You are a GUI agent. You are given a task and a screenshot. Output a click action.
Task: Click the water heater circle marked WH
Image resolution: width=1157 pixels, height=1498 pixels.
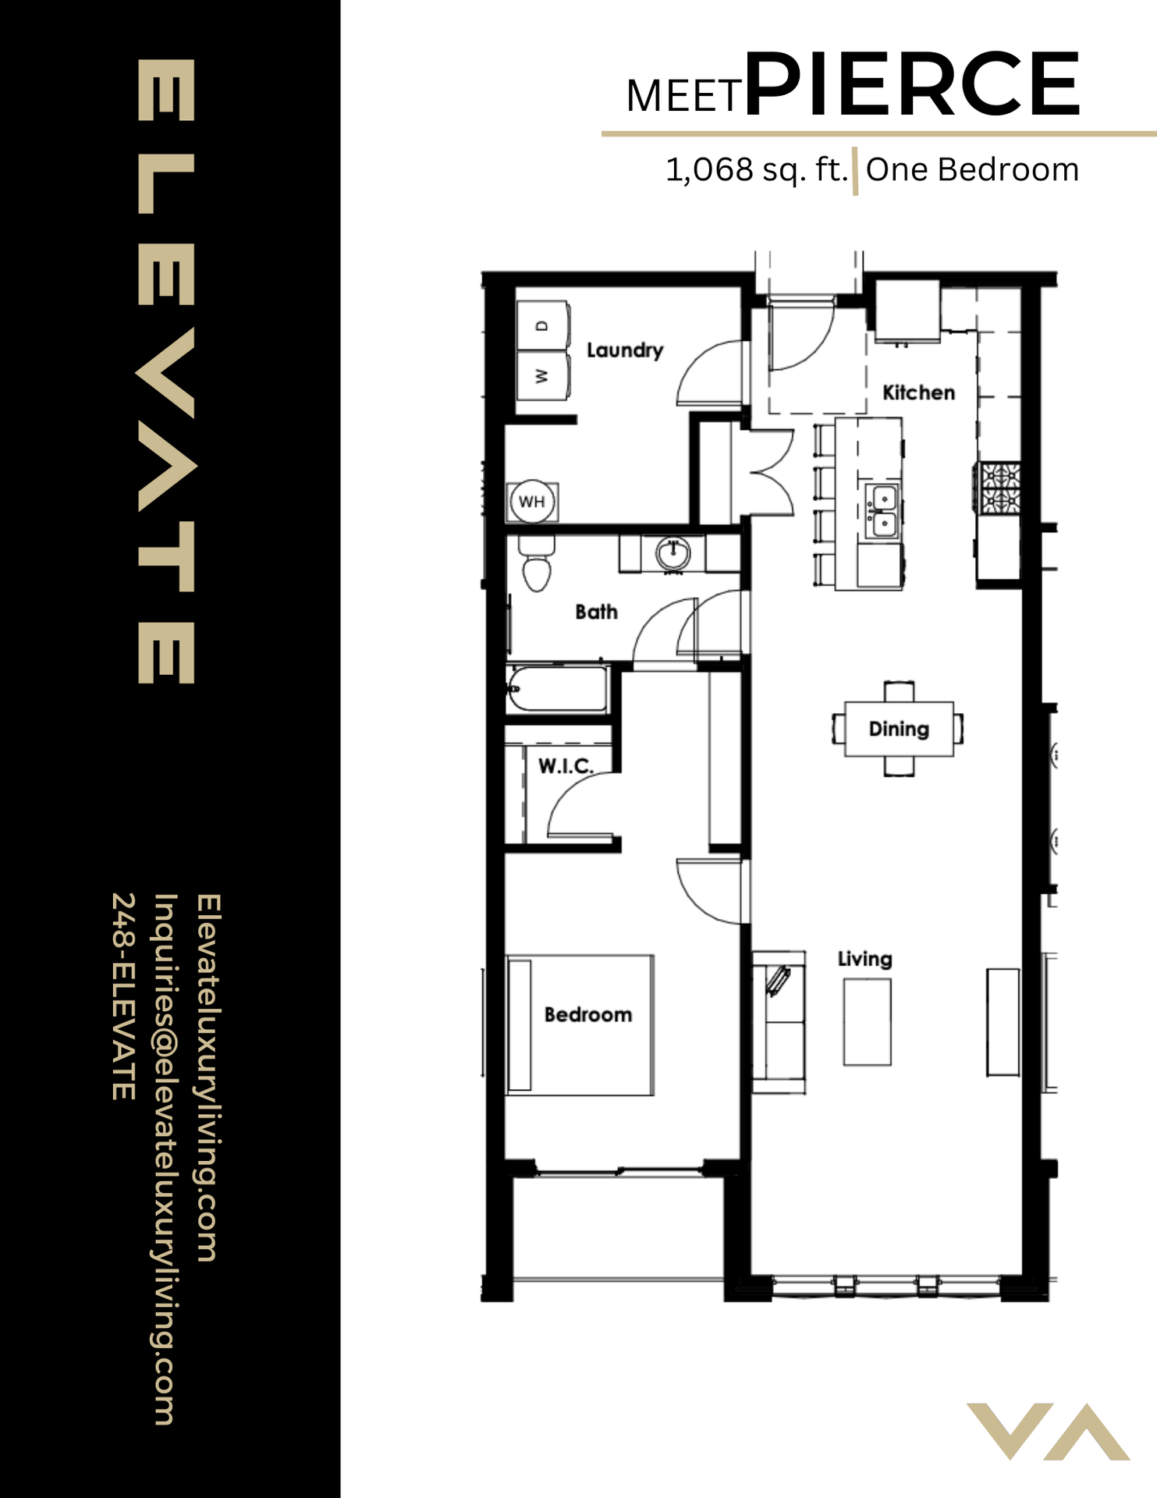(x=532, y=501)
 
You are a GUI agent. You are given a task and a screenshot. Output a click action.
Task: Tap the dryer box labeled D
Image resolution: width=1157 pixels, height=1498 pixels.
(x=543, y=325)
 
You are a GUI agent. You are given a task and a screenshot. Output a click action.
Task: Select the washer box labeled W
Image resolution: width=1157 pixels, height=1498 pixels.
(x=543, y=376)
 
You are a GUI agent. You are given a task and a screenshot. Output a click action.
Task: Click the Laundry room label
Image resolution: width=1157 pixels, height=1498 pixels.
(x=624, y=350)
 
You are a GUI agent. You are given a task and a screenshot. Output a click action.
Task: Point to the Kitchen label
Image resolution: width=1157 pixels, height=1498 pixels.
(x=918, y=392)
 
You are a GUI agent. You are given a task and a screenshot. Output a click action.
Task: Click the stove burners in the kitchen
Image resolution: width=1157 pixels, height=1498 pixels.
(x=1000, y=488)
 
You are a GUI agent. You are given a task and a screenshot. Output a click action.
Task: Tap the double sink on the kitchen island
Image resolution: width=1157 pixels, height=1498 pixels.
(x=883, y=512)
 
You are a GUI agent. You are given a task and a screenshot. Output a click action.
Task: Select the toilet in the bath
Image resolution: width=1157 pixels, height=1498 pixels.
(x=536, y=565)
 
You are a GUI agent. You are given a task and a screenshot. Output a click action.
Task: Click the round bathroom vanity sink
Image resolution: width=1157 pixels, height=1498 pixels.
(x=673, y=554)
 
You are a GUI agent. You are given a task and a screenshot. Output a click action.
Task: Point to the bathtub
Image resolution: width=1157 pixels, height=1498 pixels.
(x=557, y=688)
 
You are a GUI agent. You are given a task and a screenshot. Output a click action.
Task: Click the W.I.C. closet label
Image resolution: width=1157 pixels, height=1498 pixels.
(x=566, y=766)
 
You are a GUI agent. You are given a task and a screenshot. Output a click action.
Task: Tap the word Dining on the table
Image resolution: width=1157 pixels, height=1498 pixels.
(x=899, y=729)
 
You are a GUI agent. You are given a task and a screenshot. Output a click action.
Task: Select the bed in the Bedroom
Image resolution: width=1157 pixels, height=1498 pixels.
(x=580, y=1024)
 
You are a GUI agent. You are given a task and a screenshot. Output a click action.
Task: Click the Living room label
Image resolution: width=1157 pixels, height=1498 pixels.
(x=864, y=959)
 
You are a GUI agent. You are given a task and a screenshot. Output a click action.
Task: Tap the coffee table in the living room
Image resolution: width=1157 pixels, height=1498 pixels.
(x=867, y=1021)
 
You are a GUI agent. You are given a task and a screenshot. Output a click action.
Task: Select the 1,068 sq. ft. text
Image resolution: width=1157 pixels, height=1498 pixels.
(x=755, y=170)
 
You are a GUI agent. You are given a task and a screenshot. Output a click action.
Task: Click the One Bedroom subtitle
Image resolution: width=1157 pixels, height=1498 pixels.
(x=972, y=170)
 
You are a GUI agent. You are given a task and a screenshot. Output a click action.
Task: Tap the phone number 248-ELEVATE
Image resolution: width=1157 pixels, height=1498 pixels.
(x=124, y=996)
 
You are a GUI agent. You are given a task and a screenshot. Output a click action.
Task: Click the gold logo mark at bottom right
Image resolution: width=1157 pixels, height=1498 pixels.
(x=1048, y=1431)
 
